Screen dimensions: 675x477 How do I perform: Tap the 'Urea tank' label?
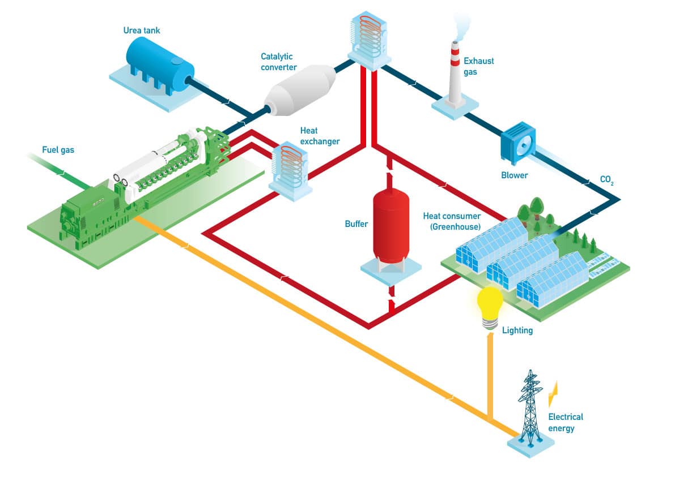point(141,30)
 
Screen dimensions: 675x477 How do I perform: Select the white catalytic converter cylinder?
point(300,90)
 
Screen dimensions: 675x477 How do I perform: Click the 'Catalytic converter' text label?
point(278,62)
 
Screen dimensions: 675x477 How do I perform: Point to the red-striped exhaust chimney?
point(455,73)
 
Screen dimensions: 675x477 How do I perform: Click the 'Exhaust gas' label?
point(478,66)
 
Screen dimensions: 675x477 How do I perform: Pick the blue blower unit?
point(518,143)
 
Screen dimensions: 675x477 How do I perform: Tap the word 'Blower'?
point(514,175)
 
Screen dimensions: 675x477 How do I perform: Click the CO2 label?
point(606,179)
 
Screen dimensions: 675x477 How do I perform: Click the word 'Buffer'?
point(356,224)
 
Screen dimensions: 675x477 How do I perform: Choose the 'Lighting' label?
point(517,330)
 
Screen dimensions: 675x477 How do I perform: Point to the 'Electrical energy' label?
point(565,422)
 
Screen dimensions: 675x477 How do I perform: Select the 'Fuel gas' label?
point(58,150)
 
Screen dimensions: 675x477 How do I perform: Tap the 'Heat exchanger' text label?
point(320,136)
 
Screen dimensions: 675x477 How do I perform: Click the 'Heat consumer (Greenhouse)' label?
point(452,221)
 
